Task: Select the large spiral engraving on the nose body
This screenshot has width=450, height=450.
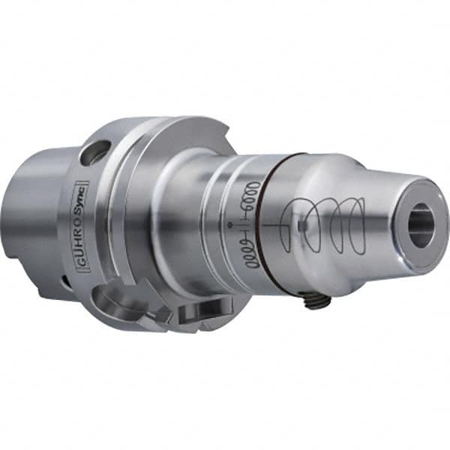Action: tap(326, 225)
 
